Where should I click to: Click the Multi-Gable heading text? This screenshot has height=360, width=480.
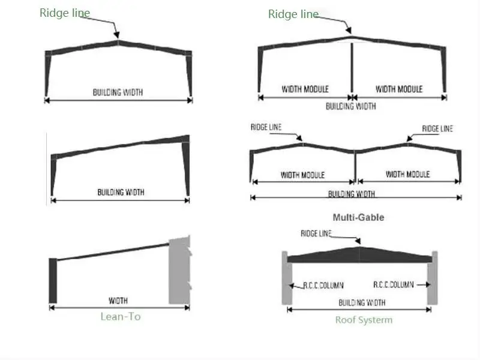point(358,217)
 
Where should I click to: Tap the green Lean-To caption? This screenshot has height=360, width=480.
point(121,316)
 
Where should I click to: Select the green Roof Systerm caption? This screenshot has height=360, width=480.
point(364,320)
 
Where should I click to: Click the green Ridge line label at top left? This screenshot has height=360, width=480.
point(65,13)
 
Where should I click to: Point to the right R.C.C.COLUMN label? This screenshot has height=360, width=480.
point(393,285)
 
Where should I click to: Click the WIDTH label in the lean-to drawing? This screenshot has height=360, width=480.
point(118,300)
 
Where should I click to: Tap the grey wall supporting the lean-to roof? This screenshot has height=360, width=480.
point(179,270)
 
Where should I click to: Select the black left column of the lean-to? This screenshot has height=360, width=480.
point(52,280)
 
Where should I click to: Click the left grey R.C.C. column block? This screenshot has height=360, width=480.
point(286,278)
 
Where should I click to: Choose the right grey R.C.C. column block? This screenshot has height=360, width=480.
point(433,278)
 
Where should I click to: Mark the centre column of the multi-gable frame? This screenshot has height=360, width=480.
point(356,166)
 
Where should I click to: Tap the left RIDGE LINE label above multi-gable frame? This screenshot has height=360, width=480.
point(266,127)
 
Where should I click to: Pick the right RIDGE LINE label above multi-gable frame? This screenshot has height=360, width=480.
point(437,128)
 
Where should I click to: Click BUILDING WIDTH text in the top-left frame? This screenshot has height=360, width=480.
point(118,92)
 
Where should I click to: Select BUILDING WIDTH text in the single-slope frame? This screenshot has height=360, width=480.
point(121,193)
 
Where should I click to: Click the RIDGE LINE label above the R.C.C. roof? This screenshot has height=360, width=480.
point(316,233)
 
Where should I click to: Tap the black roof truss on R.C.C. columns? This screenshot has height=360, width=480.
point(359,254)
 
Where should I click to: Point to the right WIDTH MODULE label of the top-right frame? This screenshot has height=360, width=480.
point(399,89)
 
